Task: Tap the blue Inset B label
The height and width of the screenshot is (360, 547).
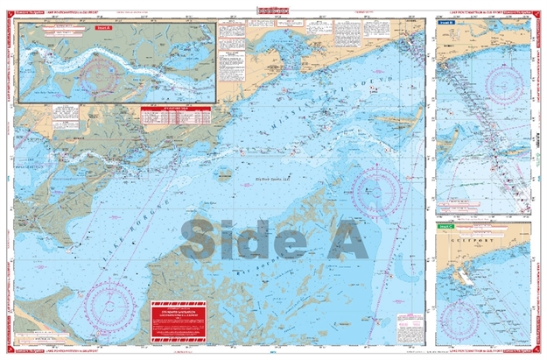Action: tap(444, 29)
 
